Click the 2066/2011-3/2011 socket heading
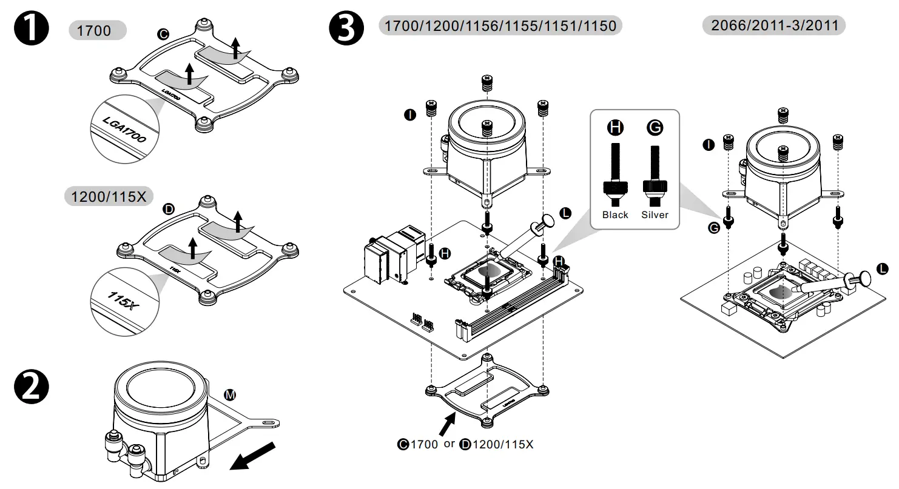point(773,25)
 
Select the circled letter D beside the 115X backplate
point(170,210)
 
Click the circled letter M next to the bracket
point(230,395)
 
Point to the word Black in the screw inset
point(615,215)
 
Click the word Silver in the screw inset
point(655,215)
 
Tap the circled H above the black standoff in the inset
point(615,127)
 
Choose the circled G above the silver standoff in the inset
point(655,127)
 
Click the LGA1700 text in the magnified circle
point(125,130)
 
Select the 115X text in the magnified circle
point(123,299)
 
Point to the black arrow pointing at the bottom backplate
point(447,422)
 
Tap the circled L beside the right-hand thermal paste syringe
point(883,267)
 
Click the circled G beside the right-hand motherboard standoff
point(713,227)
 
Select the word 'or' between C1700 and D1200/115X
point(449,444)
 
